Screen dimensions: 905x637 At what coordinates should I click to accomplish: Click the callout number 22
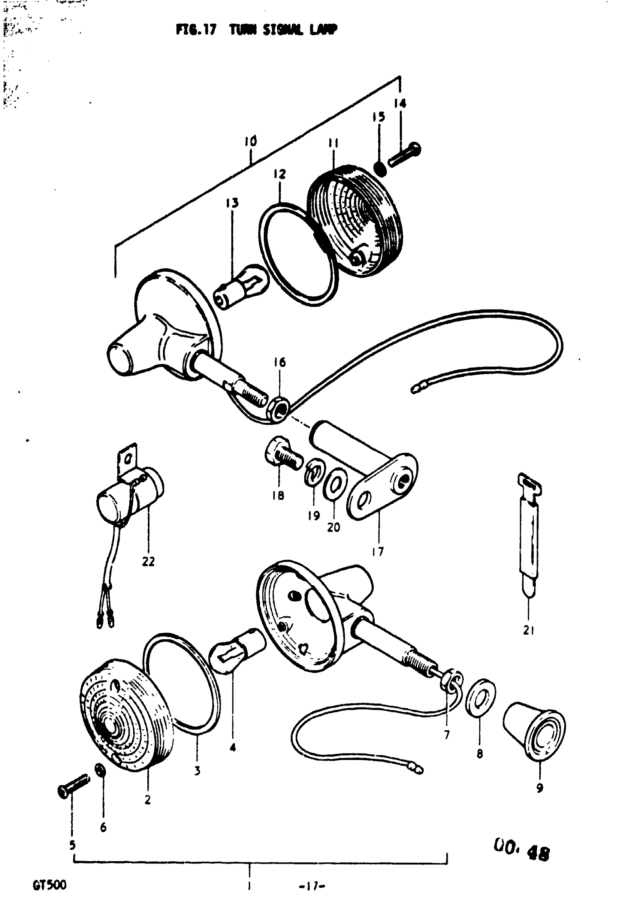[x=148, y=561]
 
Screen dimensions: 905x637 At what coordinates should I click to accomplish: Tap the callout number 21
[x=528, y=630]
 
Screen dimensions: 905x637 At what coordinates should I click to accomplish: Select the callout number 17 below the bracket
[x=378, y=552]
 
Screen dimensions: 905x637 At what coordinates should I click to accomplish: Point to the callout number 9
[x=540, y=788]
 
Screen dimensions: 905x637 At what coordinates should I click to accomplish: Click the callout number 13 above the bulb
[x=232, y=203]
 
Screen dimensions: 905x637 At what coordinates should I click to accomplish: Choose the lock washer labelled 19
[x=313, y=474]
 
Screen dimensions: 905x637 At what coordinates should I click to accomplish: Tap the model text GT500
[x=50, y=885]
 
